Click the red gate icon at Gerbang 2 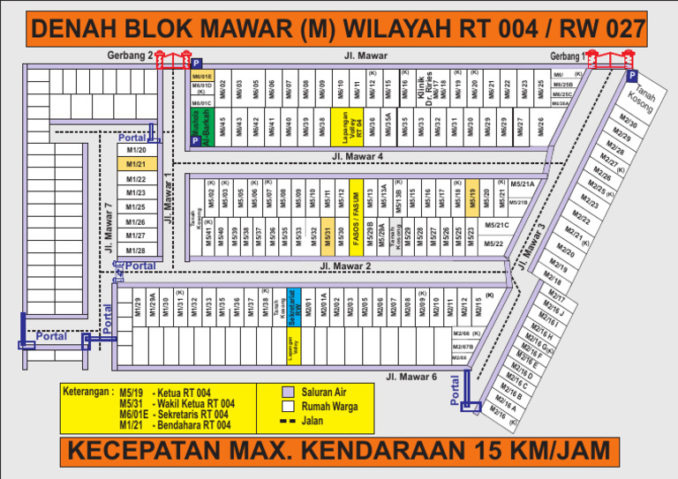point(173,60)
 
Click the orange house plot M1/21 point(136,164)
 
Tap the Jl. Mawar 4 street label point(358,156)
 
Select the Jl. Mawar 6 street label point(411,377)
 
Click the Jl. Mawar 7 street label point(109,228)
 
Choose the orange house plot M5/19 point(472,196)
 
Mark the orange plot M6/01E point(202,77)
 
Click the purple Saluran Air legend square point(286,392)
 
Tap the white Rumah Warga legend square point(286,407)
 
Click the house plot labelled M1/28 point(136,251)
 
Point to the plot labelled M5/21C point(497,225)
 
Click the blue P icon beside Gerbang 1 point(633,77)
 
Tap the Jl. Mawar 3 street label point(535,244)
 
